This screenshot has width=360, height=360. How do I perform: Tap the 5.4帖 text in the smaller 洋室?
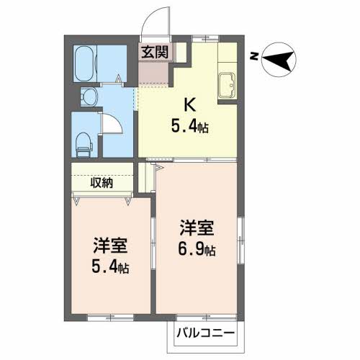pos(110,269)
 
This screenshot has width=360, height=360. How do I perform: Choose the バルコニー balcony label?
pos(208,334)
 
